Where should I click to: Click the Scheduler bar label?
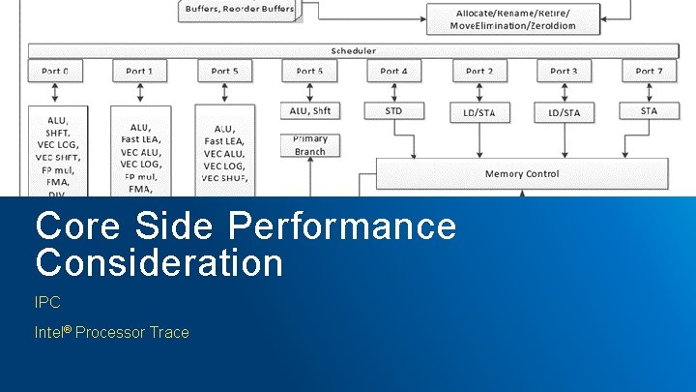[353, 50]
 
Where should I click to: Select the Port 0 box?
[55, 71]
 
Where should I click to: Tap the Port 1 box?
[140, 71]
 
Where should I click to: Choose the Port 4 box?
[393, 71]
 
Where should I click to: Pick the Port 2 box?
[478, 71]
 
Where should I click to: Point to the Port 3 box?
[564, 71]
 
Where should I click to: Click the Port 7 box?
[649, 71]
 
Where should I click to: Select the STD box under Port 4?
[393, 111]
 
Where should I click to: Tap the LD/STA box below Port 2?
[478, 112]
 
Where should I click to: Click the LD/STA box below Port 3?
[564, 112]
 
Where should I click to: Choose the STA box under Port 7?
[649, 111]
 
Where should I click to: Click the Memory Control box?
[522, 174]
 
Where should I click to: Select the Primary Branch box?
[310, 145]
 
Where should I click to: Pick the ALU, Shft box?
[310, 111]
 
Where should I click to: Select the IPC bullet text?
[47, 303]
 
